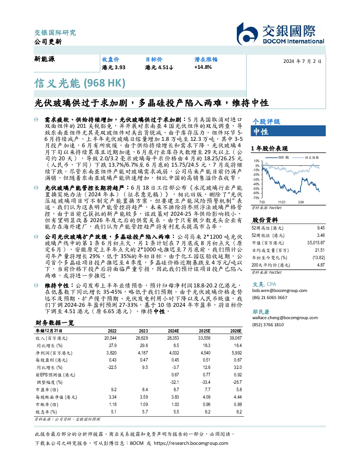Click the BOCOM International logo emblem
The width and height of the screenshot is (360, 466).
click(x=247, y=34)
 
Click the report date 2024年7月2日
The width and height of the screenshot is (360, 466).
click(x=302, y=61)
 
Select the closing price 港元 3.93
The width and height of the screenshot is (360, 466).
click(x=114, y=67)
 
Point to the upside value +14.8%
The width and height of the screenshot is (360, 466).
click(x=203, y=67)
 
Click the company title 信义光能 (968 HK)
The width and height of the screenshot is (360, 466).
click(x=80, y=83)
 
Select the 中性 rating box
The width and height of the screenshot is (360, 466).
click(x=288, y=131)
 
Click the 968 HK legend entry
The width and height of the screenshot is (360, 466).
click(x=277, y=157)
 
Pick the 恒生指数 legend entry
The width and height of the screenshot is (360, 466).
click(x=306, y=157)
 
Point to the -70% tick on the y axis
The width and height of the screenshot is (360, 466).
click(x=256, y=198)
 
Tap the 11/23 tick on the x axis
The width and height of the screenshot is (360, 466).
click(x=282, y=202)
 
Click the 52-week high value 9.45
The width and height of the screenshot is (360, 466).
click(x=321, y=228)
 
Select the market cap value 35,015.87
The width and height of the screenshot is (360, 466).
click(x=316, y=243)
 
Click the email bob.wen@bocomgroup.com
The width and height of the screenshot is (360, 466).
click(x=280, y=290)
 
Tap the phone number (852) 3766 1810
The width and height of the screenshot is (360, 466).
click(x=268, y=325)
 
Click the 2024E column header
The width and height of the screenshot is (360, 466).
click(x=173, y=331)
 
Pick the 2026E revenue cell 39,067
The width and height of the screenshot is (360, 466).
click(x=236, y=338)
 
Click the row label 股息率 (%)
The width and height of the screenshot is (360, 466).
click(x=46, y=412)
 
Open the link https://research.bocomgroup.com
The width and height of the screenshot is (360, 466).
click(x=191, y=443)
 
